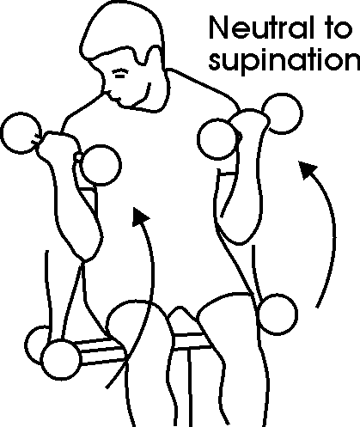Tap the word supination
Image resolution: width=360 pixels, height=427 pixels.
284,61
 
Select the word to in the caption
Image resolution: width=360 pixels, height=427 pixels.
337,27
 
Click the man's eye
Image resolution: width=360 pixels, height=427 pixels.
119,74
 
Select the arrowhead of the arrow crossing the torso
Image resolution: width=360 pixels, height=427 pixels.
140,217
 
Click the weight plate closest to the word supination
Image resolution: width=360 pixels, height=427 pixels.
282,113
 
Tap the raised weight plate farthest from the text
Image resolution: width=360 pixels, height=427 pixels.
21,133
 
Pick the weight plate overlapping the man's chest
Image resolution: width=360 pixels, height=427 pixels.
101,165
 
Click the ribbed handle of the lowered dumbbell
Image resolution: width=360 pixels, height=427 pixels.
101,351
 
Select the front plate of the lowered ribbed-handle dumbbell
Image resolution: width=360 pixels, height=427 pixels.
61,359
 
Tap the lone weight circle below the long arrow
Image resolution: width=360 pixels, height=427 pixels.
277,314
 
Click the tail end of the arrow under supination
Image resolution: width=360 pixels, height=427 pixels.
317,308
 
